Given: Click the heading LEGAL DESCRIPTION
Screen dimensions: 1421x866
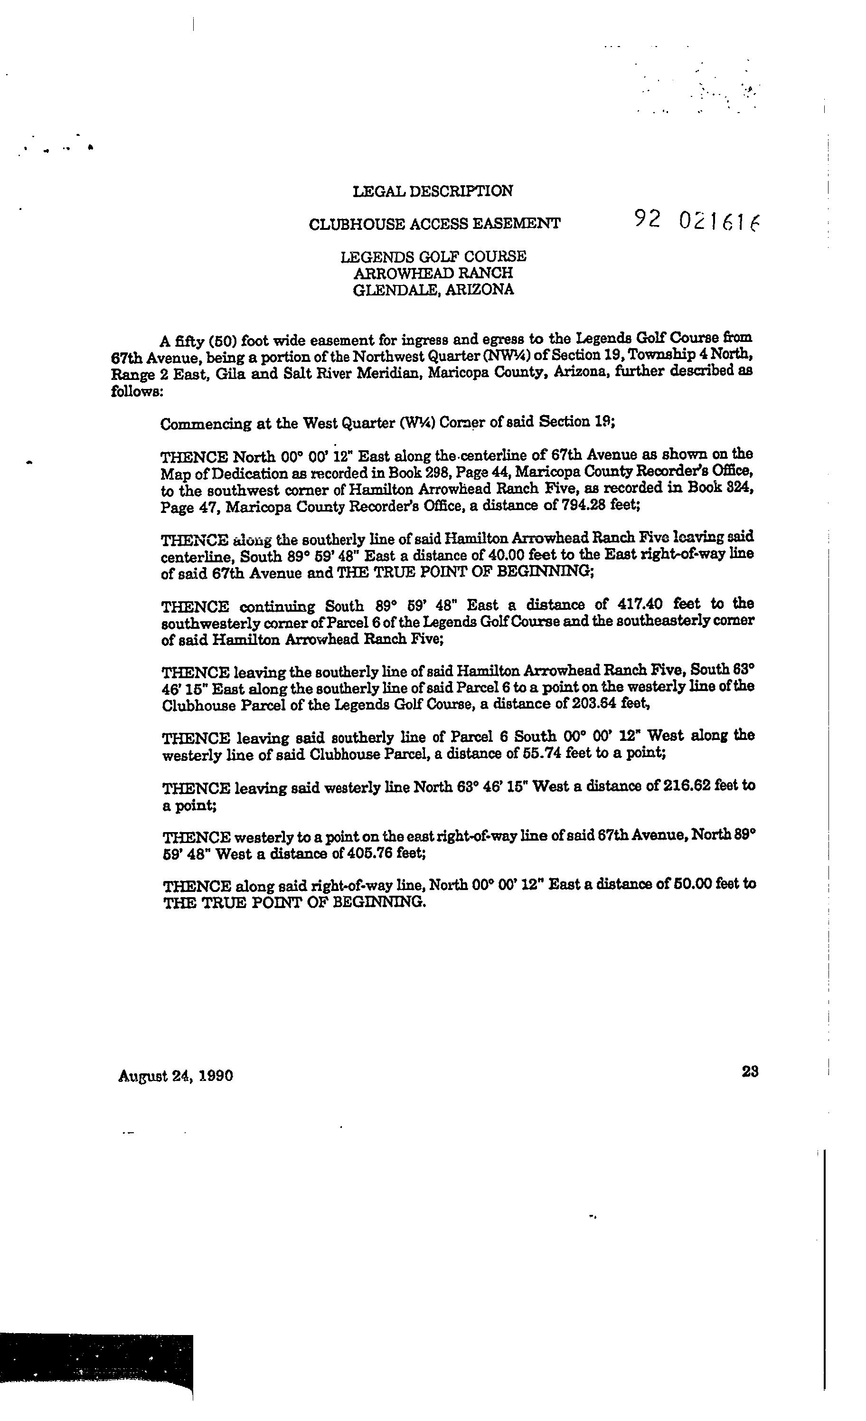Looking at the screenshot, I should click(x=433, y=191).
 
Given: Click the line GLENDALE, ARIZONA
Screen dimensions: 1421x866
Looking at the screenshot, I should click(x=433, y=290).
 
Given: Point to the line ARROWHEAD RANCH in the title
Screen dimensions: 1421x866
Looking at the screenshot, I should click(x=433, y=272).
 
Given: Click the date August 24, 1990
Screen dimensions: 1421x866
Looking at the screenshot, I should click(x=175, y=1076).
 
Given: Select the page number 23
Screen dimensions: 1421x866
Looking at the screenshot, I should click(x=750, y=1071).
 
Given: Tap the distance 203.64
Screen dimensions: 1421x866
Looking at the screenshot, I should click(x=597, y=703).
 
